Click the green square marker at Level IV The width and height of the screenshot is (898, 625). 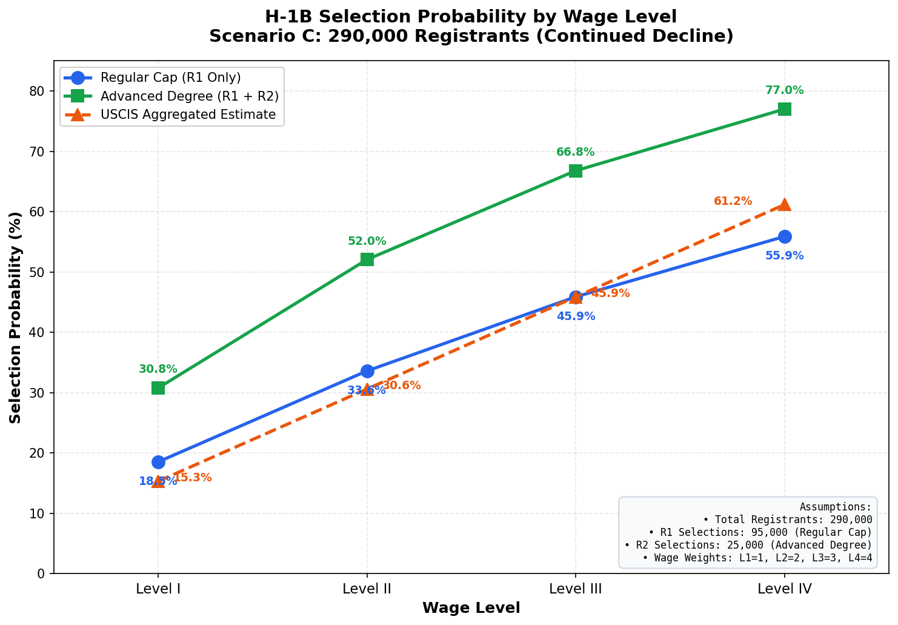[x=784, y=109]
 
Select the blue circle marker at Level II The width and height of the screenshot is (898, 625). [x=367, y=371]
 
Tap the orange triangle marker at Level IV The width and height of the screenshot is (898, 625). [x=784, y=205]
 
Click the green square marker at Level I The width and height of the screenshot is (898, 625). [x=158, y=388]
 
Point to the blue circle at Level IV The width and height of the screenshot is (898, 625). [x=784, y=236]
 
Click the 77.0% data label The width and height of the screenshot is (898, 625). [x=784, y=90]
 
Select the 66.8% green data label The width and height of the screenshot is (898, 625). [x=575, y=152]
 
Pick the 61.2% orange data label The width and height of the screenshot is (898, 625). [x=733, y=201]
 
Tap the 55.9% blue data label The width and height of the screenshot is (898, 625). [x=784, y=256]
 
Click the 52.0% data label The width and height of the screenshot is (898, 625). [x=367, y=241]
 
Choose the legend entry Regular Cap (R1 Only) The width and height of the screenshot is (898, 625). [x=170, y=78]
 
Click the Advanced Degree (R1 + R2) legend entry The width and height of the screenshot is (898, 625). [x=189, y=96]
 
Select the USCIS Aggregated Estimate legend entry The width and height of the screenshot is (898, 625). [x=188, y=115]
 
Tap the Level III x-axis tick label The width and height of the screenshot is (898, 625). [x=575, y=588]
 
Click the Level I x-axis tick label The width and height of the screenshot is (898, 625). [x=158, y=588]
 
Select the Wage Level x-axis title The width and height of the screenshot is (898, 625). [x=471, y=608]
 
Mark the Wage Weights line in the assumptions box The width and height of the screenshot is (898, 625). [x=757, y=558]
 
